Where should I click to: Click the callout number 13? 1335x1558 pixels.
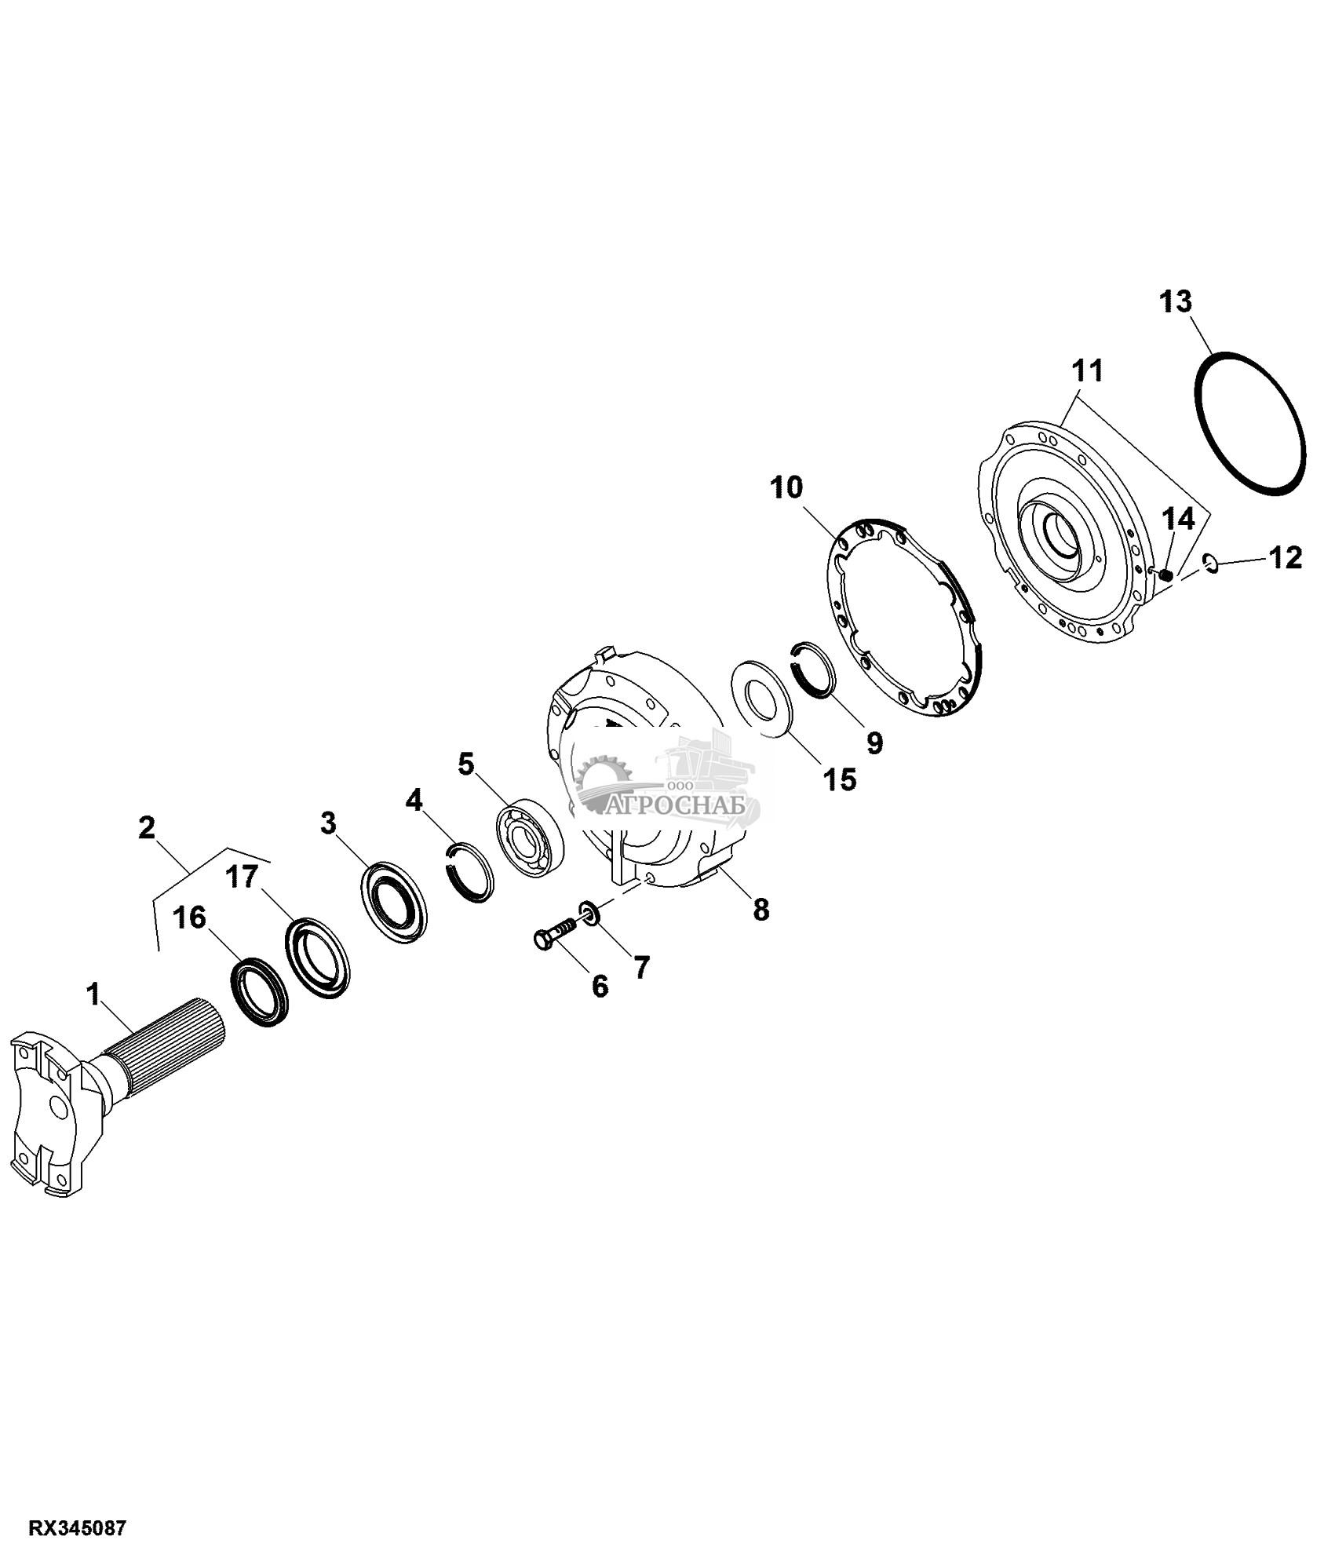click(1176, 301)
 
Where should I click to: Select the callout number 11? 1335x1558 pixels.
click(1087, 370)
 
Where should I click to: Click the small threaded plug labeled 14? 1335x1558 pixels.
click(1166, 575)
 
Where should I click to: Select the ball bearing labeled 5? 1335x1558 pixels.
click(530, 829)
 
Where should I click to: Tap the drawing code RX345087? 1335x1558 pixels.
click(78, 1529)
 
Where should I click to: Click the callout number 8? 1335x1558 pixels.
click(761, 910)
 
